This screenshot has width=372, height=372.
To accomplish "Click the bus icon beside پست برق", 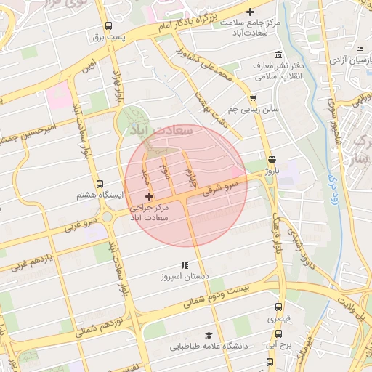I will point(108,25).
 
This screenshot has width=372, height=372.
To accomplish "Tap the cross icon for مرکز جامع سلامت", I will point(251,12).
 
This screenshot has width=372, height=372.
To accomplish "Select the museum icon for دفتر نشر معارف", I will point(279,55).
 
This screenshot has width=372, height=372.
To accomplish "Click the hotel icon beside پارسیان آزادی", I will point(361,49).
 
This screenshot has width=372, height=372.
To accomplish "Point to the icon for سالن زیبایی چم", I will point(253,98).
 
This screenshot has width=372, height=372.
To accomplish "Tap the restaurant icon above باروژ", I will point(272,159).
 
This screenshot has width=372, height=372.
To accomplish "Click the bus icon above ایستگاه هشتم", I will point(100,185).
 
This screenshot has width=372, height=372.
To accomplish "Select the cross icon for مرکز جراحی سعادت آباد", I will point(149,197).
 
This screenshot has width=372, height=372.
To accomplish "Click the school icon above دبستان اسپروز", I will point(185,265).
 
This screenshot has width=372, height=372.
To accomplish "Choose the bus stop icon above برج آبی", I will point(278,334).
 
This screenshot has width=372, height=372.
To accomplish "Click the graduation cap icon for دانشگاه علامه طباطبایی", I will point(209,335).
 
